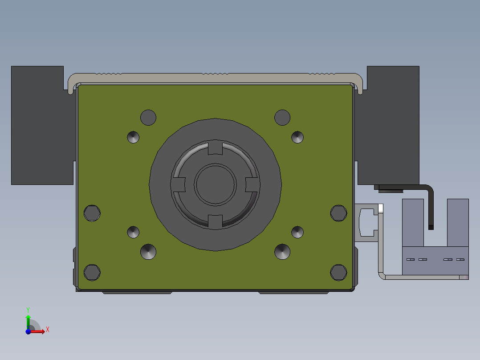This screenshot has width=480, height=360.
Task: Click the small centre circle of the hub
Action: (x=215, y=184)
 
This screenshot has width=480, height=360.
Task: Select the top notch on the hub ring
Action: (x=215, y=148)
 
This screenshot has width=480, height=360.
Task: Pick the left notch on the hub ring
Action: (x=179, y=185)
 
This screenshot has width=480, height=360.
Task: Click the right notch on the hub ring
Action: (x=252, y=185)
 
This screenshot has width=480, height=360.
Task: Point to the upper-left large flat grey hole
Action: (x=148, y=117)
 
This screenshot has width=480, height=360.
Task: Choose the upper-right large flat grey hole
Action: (x=282, y=117)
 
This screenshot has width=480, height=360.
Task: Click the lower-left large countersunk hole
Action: (x=148, y=252)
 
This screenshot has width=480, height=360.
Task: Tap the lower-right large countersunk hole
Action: (x=282, y=252)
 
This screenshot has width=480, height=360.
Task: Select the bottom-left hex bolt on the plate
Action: (x=92, y=272)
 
